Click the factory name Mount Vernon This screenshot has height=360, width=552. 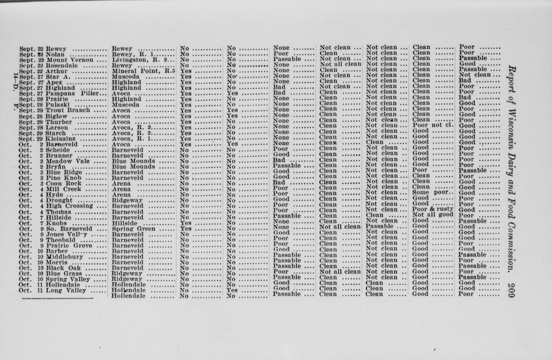click(70, 60)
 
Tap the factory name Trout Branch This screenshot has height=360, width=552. click(68, 110)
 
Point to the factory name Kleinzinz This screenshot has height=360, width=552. click(60, 139)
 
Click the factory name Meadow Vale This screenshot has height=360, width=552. click(68, 161)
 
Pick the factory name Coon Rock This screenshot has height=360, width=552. click(64, 184)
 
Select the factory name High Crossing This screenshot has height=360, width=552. click(69, 206)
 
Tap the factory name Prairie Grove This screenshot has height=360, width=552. click(69, 246)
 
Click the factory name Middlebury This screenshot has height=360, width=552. click(64, 257)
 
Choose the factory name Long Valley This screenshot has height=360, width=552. click(66, 290)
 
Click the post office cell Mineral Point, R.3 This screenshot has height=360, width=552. click(143, 71)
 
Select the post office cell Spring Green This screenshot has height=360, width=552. click(133, 229)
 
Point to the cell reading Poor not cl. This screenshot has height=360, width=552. click(433, 125)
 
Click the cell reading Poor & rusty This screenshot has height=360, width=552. click(433, 209)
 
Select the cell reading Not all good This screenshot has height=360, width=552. click(433, 215)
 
